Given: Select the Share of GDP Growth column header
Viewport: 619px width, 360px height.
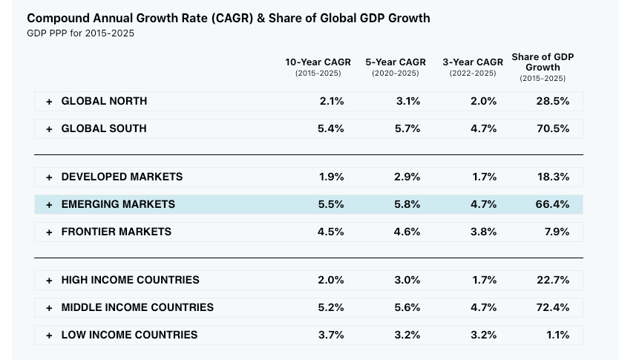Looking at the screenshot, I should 543,62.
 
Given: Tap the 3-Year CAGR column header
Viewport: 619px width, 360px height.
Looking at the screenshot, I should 473,62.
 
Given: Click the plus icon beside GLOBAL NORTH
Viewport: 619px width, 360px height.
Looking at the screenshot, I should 49,102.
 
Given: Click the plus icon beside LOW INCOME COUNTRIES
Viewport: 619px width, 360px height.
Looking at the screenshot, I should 49,336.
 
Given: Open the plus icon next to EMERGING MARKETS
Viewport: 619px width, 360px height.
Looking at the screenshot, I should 49,205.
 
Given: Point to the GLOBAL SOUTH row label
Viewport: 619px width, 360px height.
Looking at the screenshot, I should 104,129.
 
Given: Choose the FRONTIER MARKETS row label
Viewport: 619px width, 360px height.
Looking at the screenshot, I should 116,232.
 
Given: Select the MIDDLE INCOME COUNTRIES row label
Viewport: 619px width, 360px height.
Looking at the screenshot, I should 137,308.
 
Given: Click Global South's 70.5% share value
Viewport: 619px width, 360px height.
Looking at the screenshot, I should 553,129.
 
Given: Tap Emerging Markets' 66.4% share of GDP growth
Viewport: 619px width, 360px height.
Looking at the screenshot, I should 553,205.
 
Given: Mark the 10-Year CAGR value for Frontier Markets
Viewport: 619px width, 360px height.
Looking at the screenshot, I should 331,232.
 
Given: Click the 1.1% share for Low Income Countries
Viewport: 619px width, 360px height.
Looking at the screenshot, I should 557,336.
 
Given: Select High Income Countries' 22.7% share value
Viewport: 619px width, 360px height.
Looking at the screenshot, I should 553,281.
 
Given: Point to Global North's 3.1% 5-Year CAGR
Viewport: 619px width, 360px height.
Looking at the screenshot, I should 408,102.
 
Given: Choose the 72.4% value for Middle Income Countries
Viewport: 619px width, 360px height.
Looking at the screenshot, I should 553,308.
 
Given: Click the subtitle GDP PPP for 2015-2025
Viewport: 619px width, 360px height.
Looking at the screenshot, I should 81,33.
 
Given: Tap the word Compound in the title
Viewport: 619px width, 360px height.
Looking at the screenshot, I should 59,18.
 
